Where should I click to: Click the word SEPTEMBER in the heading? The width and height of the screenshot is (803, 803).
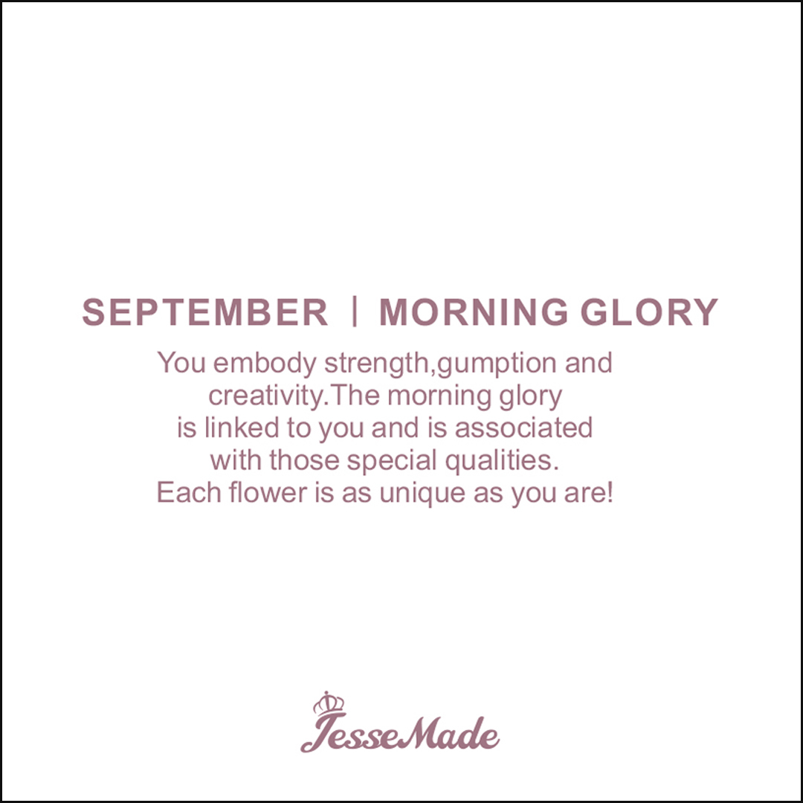(x=205, y=312)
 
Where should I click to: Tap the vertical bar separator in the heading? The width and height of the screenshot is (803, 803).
(x=355, y=312)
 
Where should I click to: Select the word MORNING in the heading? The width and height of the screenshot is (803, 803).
(x=474, y=312)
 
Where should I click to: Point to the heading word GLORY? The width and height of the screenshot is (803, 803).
(x=649, y=312)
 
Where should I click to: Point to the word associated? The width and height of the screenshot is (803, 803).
(x=524, y=428)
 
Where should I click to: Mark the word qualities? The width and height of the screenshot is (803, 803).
(x=501, y=461)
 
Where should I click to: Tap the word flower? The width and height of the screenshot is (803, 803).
(x=268, y=492)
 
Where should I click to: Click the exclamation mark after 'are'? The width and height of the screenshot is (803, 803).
(x=609, y=492)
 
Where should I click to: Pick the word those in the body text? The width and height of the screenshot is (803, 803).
(x=304, y=460)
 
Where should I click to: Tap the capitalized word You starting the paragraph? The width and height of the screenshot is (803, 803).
(x=181, y=363)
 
